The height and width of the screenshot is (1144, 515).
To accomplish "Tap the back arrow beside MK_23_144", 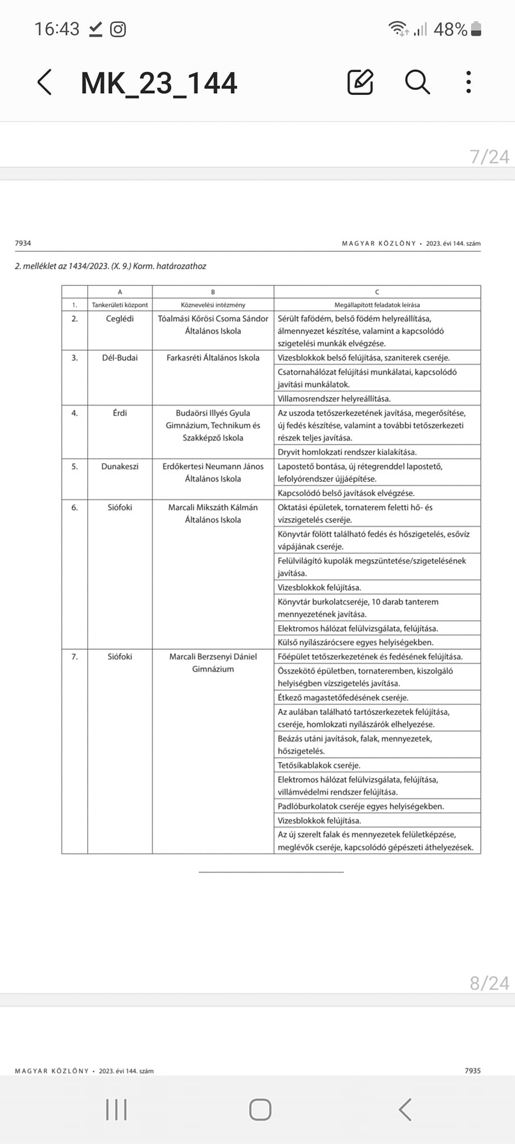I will click(x=45, y=83).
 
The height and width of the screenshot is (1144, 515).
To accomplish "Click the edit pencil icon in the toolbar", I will click(x=360, y=82).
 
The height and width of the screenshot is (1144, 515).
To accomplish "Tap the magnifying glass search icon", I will click(x=417, y=82).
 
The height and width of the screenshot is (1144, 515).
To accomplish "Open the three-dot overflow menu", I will click(x=468, y=82).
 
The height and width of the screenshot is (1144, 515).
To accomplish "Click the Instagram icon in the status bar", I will click(x=118, y=29).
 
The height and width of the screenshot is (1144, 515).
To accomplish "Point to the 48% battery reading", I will click(x=450, y=29).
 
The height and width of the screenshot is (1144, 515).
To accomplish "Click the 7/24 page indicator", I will click(x=489, y=157).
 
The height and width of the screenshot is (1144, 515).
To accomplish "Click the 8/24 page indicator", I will click(x=489, y=983).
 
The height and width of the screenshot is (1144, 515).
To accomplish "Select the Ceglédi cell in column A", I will click(x=120, y=319).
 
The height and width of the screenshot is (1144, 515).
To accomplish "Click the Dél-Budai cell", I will click(x=120, y=357).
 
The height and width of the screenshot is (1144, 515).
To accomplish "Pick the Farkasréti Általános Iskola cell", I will click(x=213, y=357).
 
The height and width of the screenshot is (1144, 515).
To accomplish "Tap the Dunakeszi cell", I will click(x=120, y=466).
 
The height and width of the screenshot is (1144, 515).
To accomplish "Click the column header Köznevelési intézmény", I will click(x=213, y=305).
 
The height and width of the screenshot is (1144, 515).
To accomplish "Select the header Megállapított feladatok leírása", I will click(x=377, y=305).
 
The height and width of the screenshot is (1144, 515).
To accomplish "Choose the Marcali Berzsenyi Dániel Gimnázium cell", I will click(x=213, y=662).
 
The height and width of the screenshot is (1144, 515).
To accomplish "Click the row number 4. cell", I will click(x=75, y=413).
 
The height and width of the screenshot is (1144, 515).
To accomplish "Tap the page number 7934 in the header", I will click(x=23, y=243).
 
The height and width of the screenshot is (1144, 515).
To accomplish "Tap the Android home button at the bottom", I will click(x=260, y=1109).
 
